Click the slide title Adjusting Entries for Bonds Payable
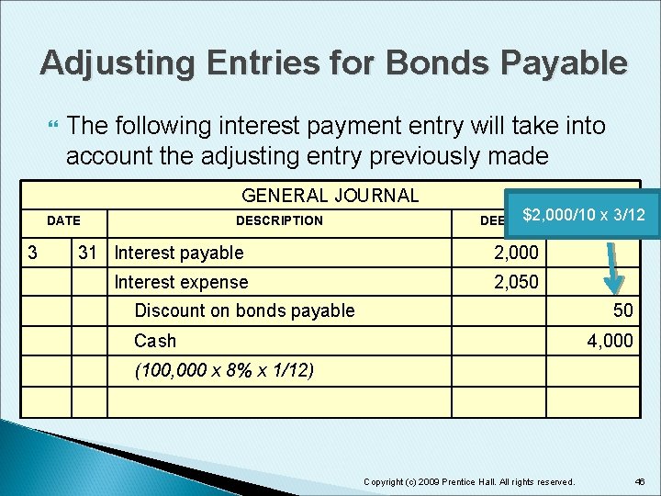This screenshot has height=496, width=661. (334, 62)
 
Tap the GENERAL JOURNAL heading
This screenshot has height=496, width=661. (330, 195)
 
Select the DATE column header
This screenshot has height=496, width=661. (63, 220)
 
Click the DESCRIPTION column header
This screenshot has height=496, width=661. (279, 220)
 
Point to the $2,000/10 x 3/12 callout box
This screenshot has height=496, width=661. (583, 215)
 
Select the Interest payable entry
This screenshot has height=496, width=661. (179, 253)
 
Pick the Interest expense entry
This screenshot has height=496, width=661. (181, 282)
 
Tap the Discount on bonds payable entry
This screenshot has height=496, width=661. (244, 310)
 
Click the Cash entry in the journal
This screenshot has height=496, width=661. (154, 341)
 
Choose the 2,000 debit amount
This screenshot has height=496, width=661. (516, 253)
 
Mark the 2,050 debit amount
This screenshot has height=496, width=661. (516, 282)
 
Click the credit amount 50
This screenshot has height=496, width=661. (622, 310)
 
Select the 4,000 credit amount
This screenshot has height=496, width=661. (611, 341)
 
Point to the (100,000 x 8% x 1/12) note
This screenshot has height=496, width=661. (224, 371)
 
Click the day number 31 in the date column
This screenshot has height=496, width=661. (88, 253)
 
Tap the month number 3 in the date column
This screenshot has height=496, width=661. (32, 253)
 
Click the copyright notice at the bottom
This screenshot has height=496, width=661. (469, 481)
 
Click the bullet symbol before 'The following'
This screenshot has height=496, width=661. (51, 125)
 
